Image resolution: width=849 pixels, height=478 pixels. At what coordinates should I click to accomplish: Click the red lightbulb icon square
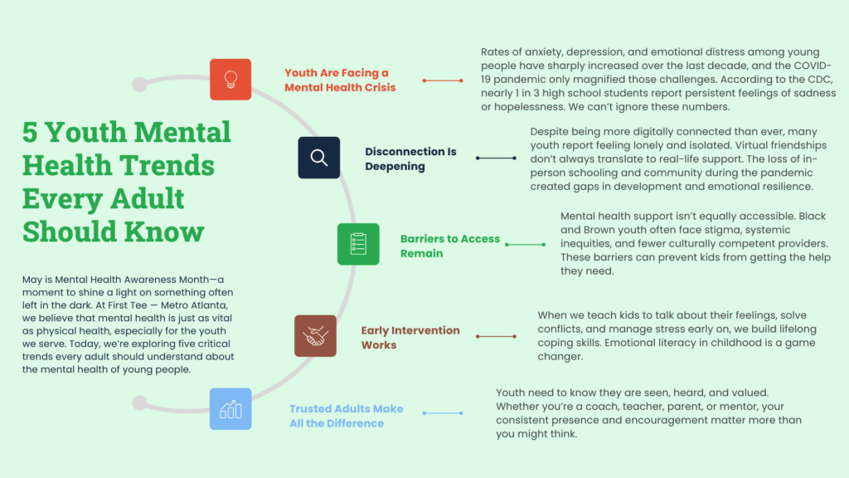point(230,80)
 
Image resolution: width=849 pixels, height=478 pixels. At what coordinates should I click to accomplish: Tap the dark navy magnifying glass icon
point(319,158)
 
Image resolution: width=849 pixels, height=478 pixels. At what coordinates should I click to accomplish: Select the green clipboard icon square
point(358,244)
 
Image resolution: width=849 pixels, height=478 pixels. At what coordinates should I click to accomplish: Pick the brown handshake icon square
point(315,336)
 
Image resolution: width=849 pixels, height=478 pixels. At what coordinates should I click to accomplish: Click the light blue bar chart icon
point(230,409)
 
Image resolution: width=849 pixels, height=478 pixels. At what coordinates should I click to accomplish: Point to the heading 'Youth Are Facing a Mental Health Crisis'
point(340,80)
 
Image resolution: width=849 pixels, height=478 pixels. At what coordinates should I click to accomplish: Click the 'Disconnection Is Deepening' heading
point(410,159)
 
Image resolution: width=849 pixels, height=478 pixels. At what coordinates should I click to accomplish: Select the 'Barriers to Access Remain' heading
point(450,246)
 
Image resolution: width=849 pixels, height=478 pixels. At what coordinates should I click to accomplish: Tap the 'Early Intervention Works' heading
point(410,338)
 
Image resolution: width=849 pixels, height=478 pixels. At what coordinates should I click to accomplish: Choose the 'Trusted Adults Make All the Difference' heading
point(346,417)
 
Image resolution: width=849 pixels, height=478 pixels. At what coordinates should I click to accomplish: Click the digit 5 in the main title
point(30,133)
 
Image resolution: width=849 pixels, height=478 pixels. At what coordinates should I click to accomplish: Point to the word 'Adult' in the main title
point(148,198)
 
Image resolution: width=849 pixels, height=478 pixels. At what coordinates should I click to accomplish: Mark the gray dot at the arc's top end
point(139,84)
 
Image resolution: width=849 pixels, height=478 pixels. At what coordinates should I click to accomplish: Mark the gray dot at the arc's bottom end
point(139,402)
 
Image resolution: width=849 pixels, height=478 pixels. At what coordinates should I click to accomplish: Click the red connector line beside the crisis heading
point(443,80)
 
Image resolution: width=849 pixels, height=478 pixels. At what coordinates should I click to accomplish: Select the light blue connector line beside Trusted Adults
point(443,413)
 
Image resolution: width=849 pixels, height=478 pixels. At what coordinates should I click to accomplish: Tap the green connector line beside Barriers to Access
point(525,245)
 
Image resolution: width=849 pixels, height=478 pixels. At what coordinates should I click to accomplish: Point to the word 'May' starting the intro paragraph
point(32,280)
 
